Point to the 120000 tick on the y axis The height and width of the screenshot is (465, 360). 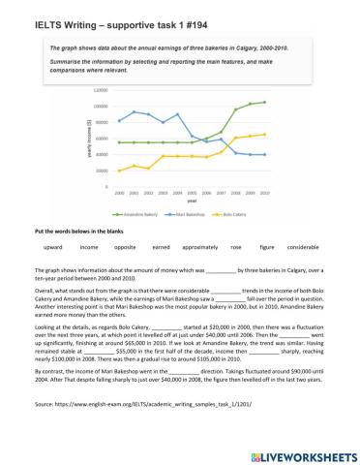(x=101, y=89)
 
